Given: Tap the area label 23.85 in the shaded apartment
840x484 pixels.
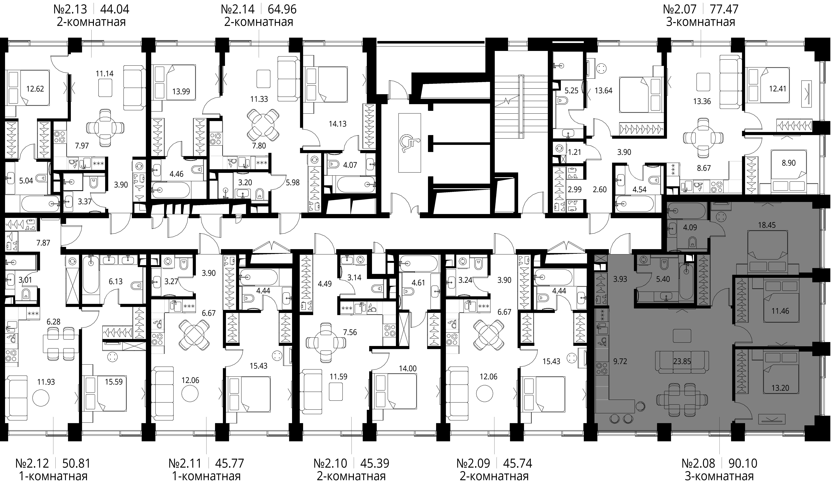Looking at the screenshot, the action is coord(682,361).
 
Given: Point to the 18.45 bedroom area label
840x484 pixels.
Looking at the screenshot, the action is coord(767,225).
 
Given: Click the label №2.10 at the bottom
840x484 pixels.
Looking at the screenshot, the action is coord(330,463).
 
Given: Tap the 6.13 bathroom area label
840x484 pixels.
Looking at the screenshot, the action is coord(116,282).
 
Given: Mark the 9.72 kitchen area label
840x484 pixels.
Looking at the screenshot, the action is coord(620,361).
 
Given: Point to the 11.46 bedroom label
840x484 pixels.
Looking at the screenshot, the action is coord(780,311).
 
